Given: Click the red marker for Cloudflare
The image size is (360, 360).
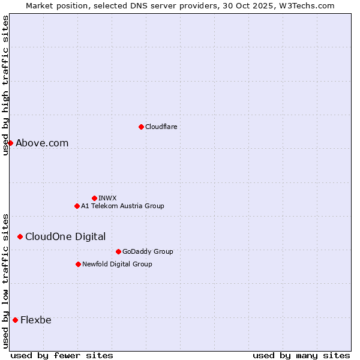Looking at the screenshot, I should pos(141,127).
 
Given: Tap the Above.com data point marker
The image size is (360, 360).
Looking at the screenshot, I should pos(10,143).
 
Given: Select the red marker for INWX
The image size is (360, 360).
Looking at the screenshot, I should pos(94,198).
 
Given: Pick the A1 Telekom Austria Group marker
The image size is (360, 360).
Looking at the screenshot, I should pos(77,206).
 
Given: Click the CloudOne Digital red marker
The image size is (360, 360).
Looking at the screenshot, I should pos(20,236).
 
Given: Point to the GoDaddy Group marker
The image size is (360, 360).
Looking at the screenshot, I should pos(118,251).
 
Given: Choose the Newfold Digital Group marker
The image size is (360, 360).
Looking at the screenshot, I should pos(78,264).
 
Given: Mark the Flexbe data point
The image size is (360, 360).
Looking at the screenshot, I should pos(15,320).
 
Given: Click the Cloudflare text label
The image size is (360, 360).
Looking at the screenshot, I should pos(161,127).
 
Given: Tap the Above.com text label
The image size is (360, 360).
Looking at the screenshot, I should pos(42,143).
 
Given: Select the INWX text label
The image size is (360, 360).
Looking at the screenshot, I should pos(107,198).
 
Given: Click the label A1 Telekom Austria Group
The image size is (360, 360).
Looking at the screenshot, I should pos(122,206).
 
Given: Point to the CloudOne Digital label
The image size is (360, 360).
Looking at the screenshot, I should pos(65,236).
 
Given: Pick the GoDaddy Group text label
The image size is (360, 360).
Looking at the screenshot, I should pos(148,251).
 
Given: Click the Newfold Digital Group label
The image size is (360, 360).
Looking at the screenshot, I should pos(117,264).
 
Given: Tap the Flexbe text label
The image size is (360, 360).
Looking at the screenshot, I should pos(36,320).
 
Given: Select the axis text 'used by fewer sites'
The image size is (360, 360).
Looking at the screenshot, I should pos(62,355).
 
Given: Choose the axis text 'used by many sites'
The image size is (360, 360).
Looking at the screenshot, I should pos(301,355).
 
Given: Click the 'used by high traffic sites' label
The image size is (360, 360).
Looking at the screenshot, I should pos(5,85).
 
